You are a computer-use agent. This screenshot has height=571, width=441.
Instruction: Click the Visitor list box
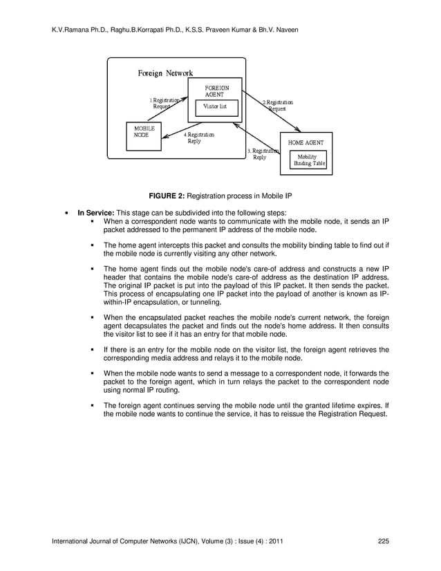[215, 108]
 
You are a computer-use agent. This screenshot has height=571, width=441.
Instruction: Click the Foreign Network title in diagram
[165, 73]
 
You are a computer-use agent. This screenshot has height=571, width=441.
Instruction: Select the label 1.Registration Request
[164, 104]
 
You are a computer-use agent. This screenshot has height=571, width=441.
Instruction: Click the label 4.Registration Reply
[198, 138]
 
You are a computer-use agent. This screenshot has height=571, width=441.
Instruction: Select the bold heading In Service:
[95, 212]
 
